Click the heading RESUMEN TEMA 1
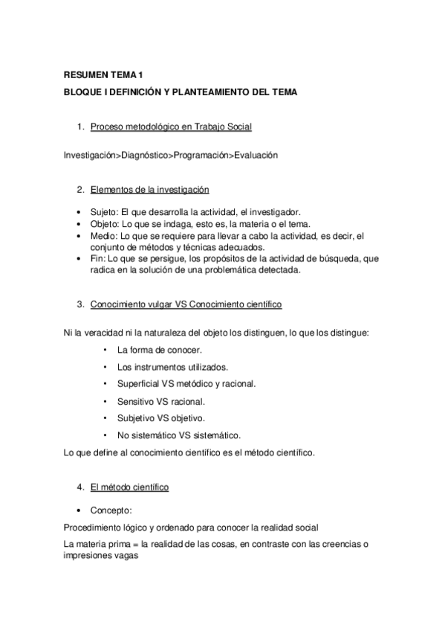click(103, 75)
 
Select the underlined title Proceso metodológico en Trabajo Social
click(171, 127)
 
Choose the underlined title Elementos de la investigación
click(149, 190)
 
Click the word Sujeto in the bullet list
click(103, 212)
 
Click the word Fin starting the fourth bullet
click(97, 258)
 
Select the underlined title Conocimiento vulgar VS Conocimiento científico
click(186, 304)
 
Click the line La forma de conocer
click(160, 349)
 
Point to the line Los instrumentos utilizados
click(172, 367)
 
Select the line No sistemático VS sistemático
click(179, 435)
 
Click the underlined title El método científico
click(129, 487)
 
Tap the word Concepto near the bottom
click(111, 510)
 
